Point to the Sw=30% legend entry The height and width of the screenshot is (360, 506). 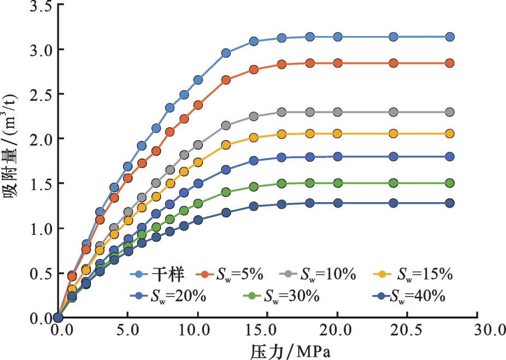(284, 296)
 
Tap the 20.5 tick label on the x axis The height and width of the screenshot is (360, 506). (407, 331)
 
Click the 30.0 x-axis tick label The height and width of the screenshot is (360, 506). (477, 331)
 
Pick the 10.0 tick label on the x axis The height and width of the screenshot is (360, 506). (197, 331)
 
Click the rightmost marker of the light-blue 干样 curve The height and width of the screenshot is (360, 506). (450, 37)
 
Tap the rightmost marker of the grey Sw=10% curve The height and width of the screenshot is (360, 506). (450, 112)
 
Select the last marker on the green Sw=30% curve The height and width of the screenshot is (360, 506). (450, 183)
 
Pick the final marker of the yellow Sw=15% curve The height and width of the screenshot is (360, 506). (450, 134)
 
